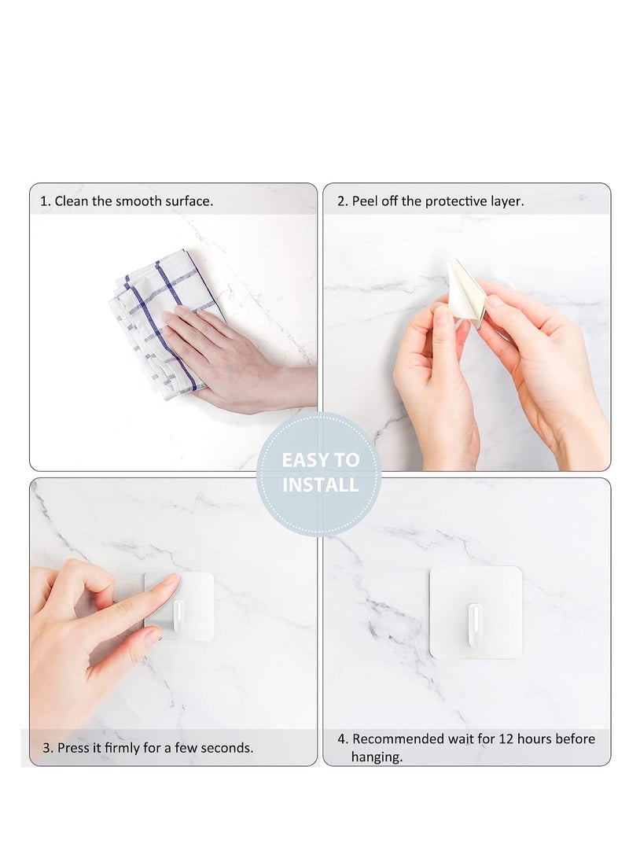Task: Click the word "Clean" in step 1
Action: pos(72,201)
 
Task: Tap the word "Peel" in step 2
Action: pos(366,201)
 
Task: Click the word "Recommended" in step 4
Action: pos(399,739)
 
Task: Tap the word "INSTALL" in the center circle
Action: pos(320,484)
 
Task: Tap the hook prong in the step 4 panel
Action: pos(475,624)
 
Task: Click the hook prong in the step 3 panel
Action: pos(179,613)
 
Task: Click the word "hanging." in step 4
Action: pos(377,758)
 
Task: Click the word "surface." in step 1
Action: pos(189,201)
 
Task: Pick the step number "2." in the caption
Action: pos(343,201)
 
